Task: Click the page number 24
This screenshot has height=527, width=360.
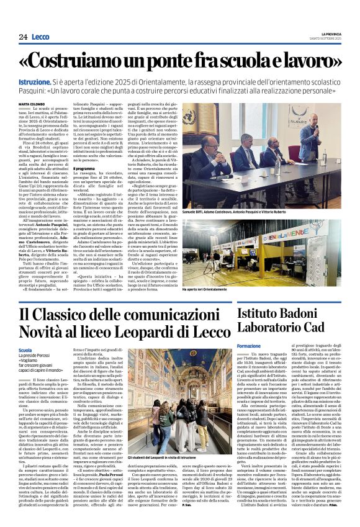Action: coord(23,37)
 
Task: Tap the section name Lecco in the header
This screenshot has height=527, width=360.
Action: coord(40,37)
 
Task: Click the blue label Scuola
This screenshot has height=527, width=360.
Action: coord(26,351)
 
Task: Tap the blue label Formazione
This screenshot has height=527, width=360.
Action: coord(250,346)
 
